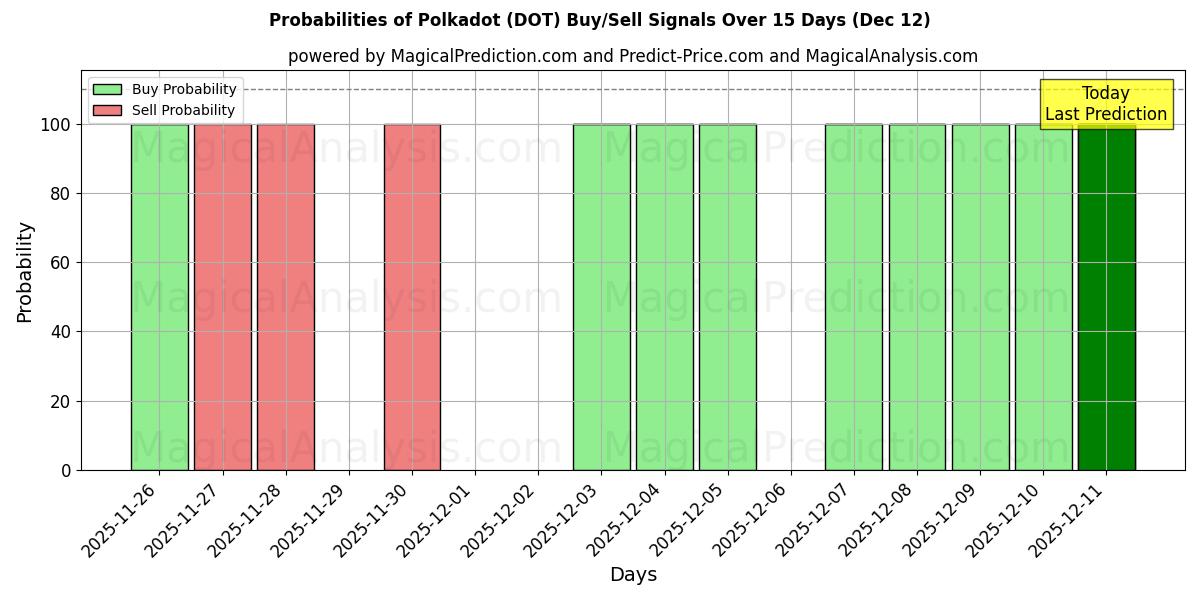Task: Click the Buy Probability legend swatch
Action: [107, 90]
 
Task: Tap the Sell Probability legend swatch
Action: [107, 110]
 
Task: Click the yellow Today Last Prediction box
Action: [1106, 104]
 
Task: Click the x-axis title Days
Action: [633, 575]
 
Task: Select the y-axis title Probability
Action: [25, 272]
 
